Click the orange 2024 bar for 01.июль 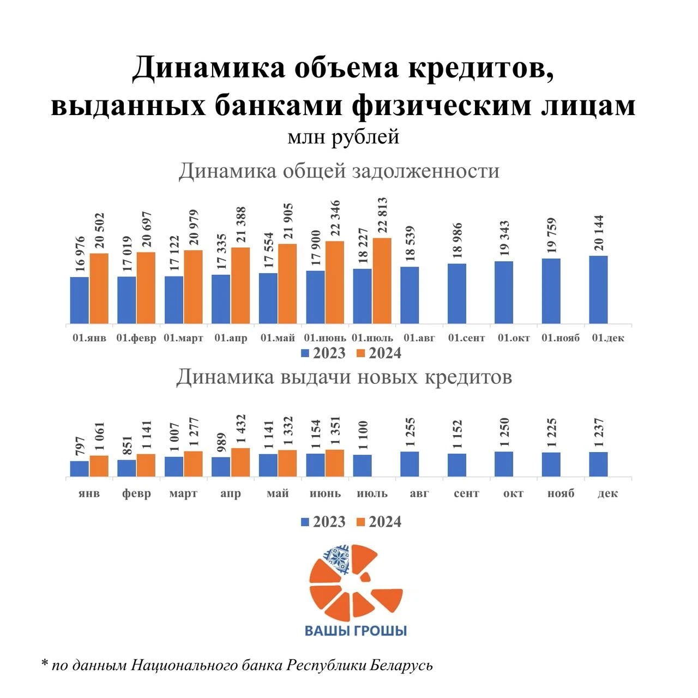[382, 281]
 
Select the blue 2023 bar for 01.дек [598, 290]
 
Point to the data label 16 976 [80, 254]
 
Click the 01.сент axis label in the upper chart [466, 338]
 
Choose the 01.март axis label [183, 338]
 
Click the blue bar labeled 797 [79, 468]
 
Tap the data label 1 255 [410, 432]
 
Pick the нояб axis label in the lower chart [561, 494]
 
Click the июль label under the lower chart [372, 494]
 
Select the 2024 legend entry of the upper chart [379, 353]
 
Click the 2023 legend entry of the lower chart [323, 522]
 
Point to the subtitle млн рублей [344, 136]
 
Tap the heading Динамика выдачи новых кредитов [344, 377]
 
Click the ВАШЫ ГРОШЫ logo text [356, 631]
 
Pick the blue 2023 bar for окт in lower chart [504, 464]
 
